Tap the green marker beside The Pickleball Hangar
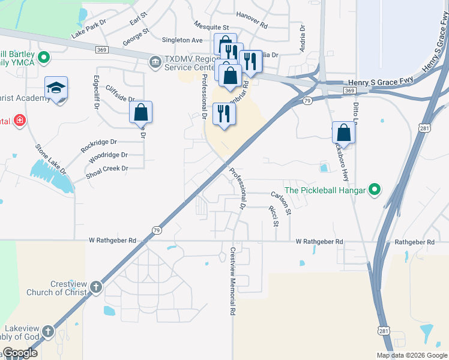pos(375,191)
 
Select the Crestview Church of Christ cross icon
pos(96,287)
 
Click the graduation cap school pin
pos(56,89)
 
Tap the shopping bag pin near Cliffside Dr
pos(140,112)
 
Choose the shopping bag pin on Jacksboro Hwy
pos(343,131)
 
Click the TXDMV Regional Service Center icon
pos(155,62)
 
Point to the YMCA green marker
pos(44,58)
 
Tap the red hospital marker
pos(19,121)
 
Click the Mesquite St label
pos(211,27)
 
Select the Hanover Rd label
pos(252,21)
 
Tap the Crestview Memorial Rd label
pos(232,281)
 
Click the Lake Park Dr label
pos(88,32)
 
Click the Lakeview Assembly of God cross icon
pos(47,331)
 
